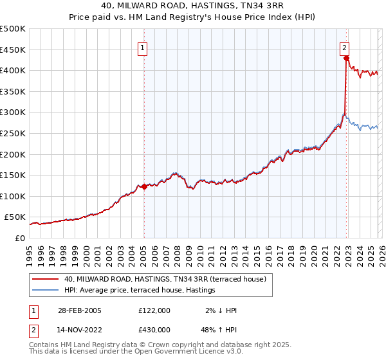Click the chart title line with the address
[193, 6]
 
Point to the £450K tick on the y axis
[13, 50]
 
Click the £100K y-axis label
[13, 197]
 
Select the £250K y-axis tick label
[13, 134]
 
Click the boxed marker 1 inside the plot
[142, 47]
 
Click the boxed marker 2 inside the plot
[345, 47]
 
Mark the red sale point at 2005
[144, 186]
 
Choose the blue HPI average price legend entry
[140, 291]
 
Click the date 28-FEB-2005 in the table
[78, 310]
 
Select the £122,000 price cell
[154, 310]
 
